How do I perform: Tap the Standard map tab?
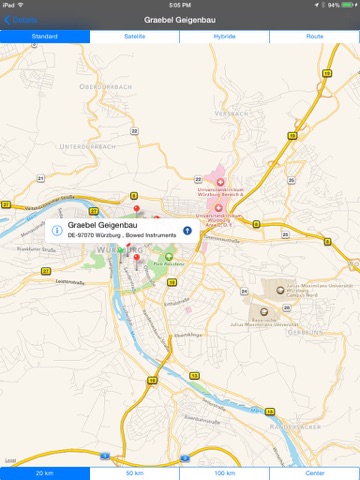45,36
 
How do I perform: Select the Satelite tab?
135,36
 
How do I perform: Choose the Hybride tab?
225,36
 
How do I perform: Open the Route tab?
315,36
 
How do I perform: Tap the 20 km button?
45,473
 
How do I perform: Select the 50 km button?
135,473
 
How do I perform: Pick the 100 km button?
225,473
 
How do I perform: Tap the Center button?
315,473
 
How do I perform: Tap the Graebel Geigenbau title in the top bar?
180,19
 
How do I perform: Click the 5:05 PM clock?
180,5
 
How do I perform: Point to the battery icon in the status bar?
348,5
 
